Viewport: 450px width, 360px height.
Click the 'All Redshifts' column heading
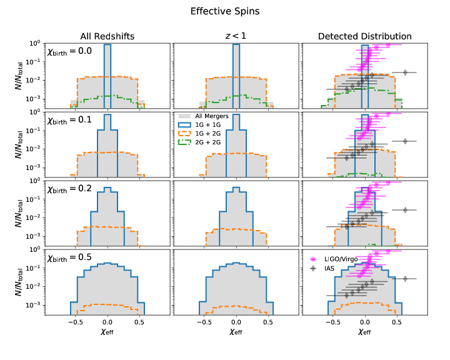(x=107, y=36)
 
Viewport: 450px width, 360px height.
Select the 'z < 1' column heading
(x=236, y=36)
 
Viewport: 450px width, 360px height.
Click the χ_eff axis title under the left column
(x=107, y=334)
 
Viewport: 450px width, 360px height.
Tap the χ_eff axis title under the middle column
(x=236, y=334)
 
